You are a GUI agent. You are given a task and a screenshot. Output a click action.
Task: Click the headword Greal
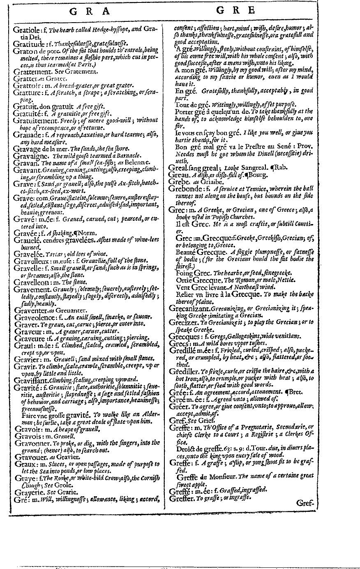[179, 167]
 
